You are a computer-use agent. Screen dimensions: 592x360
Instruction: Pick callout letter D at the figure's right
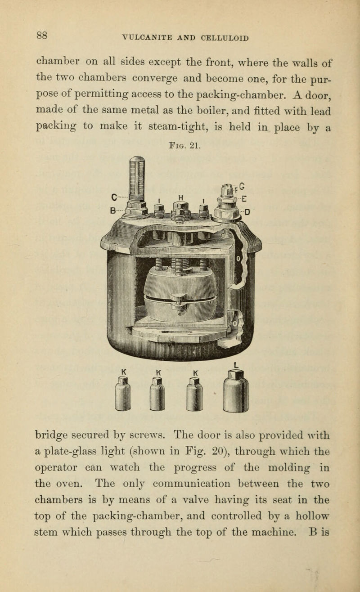(x=247, y=212)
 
